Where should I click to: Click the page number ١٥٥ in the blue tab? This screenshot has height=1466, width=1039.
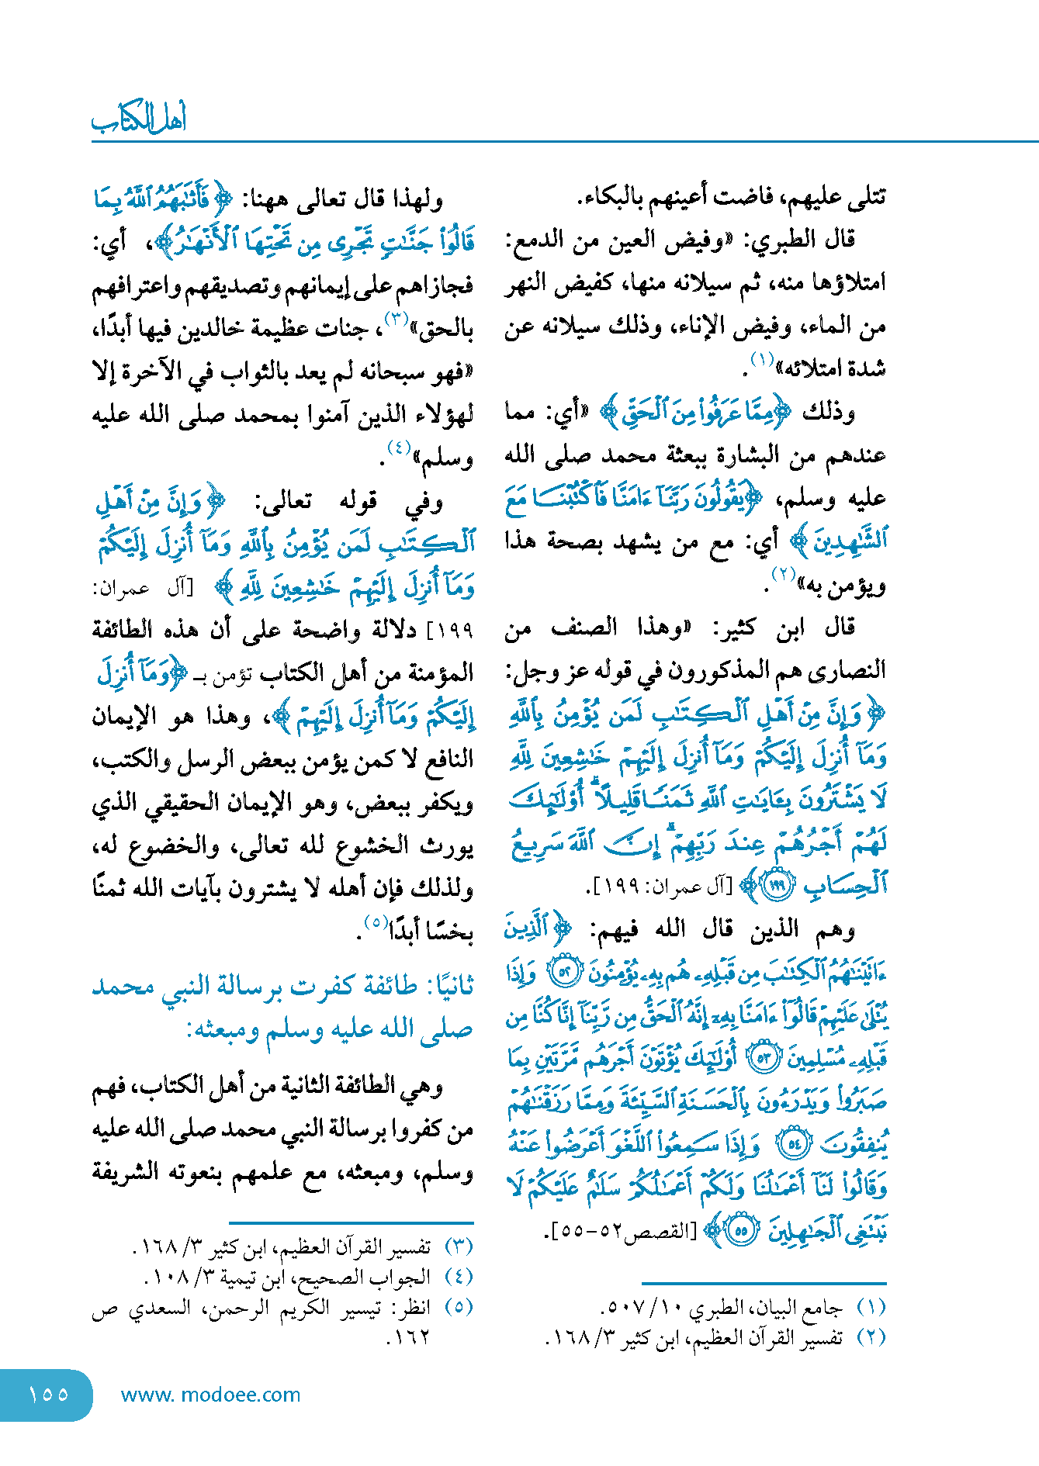[48, 1394]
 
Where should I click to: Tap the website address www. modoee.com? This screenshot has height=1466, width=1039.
[210, 1395]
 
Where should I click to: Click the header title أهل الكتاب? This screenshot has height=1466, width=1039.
[139, 119]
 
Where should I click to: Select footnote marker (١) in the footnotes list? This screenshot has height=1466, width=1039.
[871, 1308]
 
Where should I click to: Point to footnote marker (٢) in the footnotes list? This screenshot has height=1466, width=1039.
[871, 1337]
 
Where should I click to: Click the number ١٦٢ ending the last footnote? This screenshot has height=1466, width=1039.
[409, 1337]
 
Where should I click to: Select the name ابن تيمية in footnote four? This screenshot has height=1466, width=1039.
[250, 1278]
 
